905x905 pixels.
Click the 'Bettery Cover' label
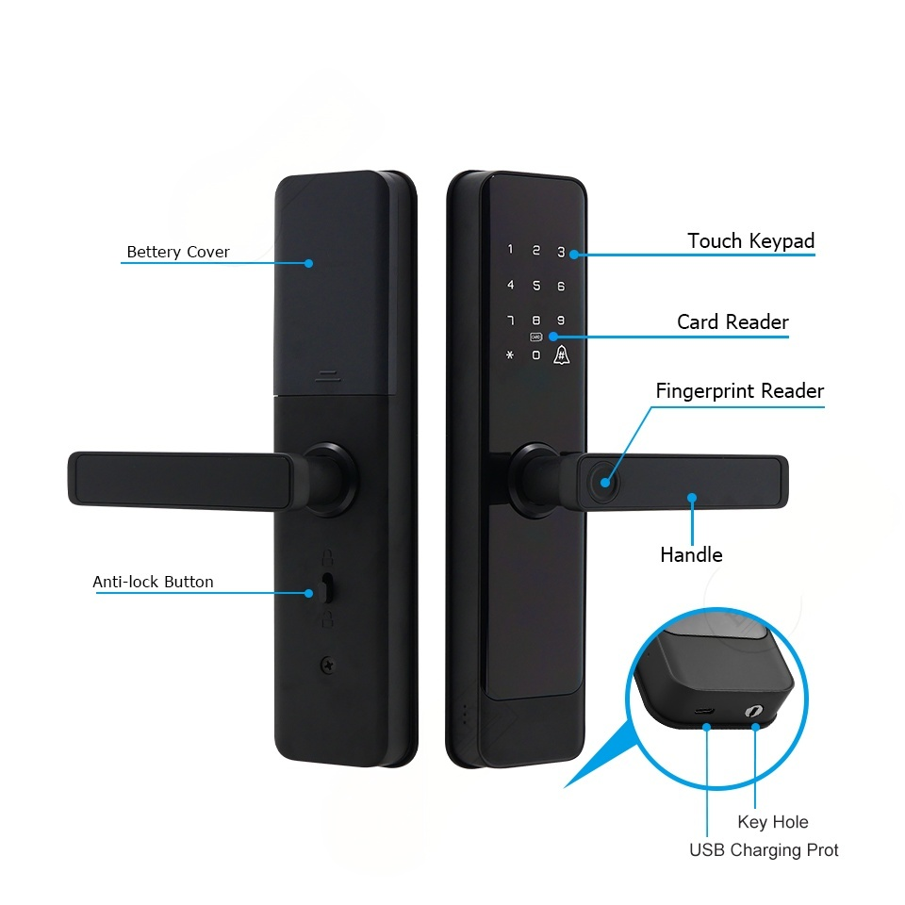pyautogui.click(x=178, y=253)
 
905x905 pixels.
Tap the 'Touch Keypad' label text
pyautogui.click(x=750, y=241)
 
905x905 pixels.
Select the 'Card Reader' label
pyautogui.click(x=732, y=322)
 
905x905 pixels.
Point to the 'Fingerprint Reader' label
pyautogui.click(x=740, y=391)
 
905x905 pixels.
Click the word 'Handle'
pyautogui.click(x=691, y=554)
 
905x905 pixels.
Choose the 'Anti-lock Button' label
pyautogui.click(x=153, y=582)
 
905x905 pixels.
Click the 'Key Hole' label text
pyautogui.click(x=773, y=822)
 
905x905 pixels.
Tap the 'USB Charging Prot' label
pyautogui.click(x=764, y=850)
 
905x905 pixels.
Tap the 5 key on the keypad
pyautogui.click(x=535, y=286)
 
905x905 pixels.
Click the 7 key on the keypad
pyautogui.click(x=510, y=321)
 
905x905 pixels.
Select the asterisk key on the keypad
pyautogui.click(x=510, y=355)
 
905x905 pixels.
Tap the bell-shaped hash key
pyautogui.click(x=561, y=355)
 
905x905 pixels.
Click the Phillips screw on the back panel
pyautogui.click(x=327, y=664)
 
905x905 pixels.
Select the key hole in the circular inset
pyautogui.click(x=756, y=713)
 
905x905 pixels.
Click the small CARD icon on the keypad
pyautogui.click(x=535, y=337)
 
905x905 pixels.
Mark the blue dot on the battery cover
pyautogui.click(x=308, y=264)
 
